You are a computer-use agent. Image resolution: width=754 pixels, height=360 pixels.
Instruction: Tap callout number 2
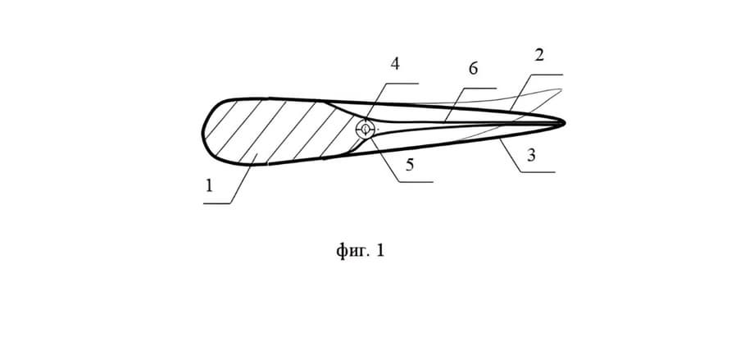click(x=539, y=55)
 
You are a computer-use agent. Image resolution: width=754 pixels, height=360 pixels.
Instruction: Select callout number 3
click(x=531, y=156)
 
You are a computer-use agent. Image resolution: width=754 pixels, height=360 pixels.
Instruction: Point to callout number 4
click(x=394, y=64)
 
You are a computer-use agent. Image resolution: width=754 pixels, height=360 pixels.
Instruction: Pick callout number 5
click(x=409, y=165)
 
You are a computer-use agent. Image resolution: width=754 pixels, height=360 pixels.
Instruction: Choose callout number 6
click(x=473, y=69)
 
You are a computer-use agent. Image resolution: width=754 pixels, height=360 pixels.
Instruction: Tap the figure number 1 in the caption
click(x=380, y=250)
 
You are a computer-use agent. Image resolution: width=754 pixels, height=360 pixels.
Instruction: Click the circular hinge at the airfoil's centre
click(x=366, y=129)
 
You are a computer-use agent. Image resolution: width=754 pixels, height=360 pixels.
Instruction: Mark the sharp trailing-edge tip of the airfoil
click(x=565, y=123)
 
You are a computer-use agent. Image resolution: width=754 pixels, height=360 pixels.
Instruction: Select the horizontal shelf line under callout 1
click(x=217, y=203)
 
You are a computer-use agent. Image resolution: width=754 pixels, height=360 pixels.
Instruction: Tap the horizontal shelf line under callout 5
click(x=416, y=182)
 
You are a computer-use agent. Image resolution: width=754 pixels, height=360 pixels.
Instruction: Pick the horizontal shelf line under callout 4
click(x=402, y=84)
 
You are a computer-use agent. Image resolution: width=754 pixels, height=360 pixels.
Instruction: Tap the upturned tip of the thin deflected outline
click(x=561, y=89)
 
